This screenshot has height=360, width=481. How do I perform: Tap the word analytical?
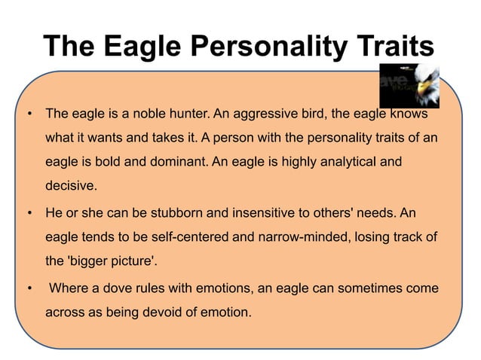point(343,163)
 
